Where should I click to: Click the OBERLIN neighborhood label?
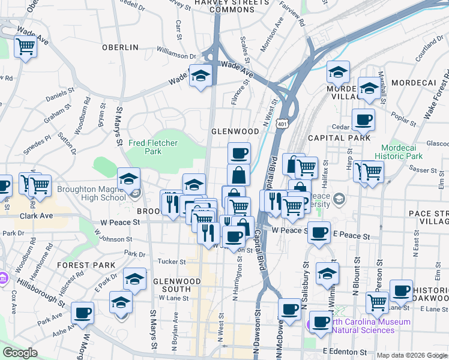(120, 47)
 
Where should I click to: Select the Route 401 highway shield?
(282, 124)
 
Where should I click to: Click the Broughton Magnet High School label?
(92, 193)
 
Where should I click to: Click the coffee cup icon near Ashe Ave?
(82, 313)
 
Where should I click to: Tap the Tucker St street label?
(172, 262)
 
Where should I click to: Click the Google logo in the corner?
(20, 353)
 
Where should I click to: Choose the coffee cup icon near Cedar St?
(363, 120)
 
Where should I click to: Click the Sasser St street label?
(423, 170)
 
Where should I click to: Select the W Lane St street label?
(175, 298)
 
